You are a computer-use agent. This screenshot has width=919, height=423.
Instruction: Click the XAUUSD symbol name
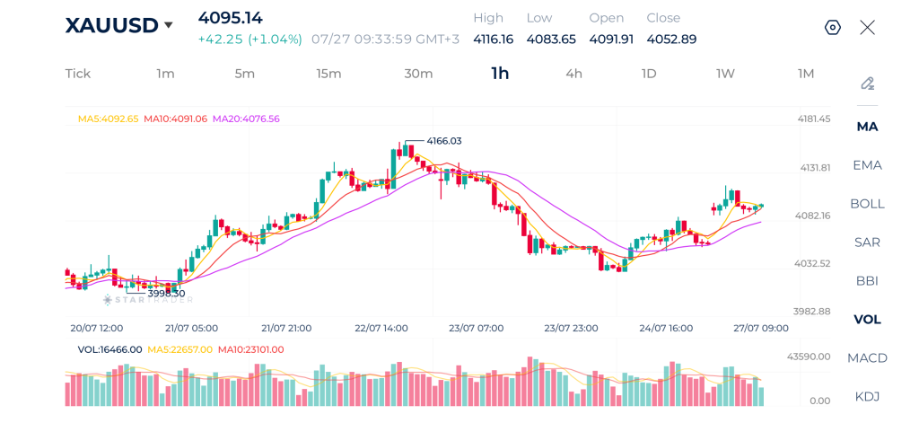[x=111, y=26]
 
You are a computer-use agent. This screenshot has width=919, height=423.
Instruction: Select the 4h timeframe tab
[x=573, y=74]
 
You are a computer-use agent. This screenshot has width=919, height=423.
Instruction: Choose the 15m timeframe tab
[x=328, y=74]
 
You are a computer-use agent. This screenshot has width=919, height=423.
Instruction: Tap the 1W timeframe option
[x=725, y=74]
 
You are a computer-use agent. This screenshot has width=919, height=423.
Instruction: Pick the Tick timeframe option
[x=78, y=74]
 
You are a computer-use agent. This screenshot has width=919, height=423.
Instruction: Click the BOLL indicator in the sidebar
[x=867, y=204]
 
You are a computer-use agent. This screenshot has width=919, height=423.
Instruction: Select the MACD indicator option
[x=867, y=357]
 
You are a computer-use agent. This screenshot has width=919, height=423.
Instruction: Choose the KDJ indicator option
[x=867, y=397]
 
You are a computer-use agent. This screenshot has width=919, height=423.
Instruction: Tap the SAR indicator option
[x=867, y=242]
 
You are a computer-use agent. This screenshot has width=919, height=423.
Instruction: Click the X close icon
[x=868, y=27]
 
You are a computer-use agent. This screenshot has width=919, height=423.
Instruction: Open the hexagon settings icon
[x=833, y=28]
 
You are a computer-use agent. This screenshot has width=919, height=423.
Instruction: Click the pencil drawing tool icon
[x=868, y=84]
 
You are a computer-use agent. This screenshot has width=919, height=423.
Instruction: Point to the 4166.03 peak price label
[x=443, y=141]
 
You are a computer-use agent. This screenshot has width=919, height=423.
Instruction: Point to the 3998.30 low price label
[x=166, y=293]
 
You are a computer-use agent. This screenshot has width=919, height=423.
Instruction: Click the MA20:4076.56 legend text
[x=246, y=119]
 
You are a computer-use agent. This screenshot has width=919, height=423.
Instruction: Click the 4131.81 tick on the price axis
[x=815, y=168]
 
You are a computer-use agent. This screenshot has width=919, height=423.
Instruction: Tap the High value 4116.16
[x=494, y=40]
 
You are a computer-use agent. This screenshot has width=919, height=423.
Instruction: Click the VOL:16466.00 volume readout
[x=109, y=349]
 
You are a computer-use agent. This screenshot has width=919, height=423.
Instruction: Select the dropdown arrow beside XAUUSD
[x=169, y=25]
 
